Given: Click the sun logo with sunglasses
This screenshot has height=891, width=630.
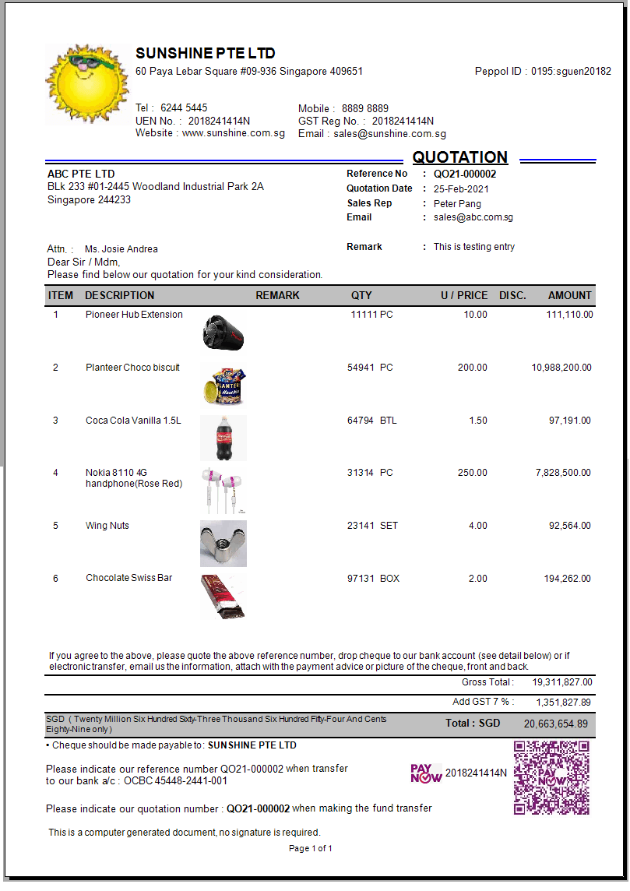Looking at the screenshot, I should [86, 83].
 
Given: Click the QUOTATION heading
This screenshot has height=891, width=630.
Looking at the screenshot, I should [459, 157].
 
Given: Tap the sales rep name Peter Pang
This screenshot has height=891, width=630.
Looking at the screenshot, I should [457, 203].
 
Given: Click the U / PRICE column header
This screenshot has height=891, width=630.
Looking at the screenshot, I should [464, 296].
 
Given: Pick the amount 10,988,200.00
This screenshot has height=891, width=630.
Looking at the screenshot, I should [561, 368].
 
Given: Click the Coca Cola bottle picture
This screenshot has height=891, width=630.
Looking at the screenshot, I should [223, 438].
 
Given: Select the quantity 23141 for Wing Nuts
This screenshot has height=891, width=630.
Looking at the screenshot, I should [361, 526].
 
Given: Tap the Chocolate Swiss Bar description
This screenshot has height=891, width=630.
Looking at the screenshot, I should [128, 578].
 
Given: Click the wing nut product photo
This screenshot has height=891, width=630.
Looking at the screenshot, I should [223, 543].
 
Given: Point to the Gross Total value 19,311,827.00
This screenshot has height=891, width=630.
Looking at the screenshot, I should [562, 682].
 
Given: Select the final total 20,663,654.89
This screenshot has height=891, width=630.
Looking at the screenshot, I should [556, 724].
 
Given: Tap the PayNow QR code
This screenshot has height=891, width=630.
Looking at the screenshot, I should [551, 778].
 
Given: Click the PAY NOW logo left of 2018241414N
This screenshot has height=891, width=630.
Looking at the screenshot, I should [426, 773].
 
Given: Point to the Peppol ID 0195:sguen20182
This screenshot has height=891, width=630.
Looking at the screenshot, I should [571, 72].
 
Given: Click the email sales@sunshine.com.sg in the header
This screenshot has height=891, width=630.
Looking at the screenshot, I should [389, 134].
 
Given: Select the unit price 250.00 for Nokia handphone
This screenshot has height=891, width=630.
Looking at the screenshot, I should [472, 473].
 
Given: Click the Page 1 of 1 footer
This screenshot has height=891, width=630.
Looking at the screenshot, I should [311, 848].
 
